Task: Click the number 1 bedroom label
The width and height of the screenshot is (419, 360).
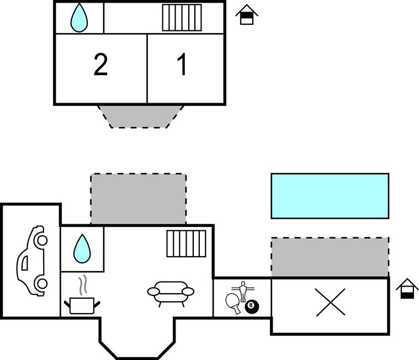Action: [x=182, y=65]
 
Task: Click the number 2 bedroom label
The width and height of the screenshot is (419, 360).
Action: [x=100, y=65]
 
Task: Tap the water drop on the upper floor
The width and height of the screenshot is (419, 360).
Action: [x=79, y=18]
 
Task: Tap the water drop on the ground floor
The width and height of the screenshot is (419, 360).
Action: [x=82, y=248]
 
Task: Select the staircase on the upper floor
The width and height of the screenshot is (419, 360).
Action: [x=182, y=18]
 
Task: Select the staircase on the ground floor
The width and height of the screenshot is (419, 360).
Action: [x=186, y=243]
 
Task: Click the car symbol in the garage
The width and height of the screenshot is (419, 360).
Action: [x=31, y=261]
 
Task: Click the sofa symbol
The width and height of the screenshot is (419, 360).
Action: [x=171, y=292]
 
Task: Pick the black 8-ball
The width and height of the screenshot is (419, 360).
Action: [x=252, y=305]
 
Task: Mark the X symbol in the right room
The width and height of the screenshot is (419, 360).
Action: [x=330, y=303]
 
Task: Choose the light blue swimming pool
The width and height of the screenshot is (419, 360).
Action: [x=330, y=195]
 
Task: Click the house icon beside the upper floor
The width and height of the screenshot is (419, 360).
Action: [x=247, y=15]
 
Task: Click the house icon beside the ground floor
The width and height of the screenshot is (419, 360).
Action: [x=407, y=288]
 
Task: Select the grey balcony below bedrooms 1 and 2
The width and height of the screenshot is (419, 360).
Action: [x=141, y=115]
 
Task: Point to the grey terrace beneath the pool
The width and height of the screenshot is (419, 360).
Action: [x=330, y=257]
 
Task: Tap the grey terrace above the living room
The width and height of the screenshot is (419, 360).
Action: [x=138, y=199]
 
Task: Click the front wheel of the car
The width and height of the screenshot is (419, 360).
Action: [x=41, y=240]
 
